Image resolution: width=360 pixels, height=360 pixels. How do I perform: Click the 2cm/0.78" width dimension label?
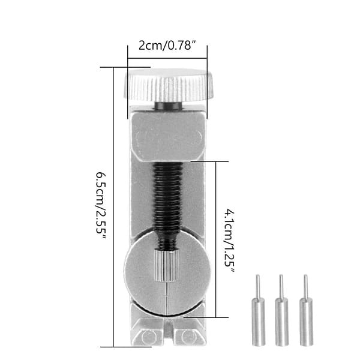tap(167, 45)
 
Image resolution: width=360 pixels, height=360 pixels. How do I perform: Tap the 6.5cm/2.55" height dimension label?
tap(101, 206)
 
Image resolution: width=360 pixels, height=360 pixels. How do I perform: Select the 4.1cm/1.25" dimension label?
tap(229, 241)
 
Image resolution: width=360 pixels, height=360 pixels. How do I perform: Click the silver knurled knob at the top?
tap(169, 85)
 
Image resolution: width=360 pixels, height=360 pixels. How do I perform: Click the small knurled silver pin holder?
tap(166, 266)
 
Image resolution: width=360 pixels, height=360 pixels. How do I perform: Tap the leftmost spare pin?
tap(259, 310)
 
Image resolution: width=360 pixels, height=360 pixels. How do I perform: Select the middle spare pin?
tap(282, 310)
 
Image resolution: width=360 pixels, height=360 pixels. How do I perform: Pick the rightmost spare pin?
tap(306, 310)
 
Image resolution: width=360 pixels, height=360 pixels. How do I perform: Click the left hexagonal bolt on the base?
tap(148, 337)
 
